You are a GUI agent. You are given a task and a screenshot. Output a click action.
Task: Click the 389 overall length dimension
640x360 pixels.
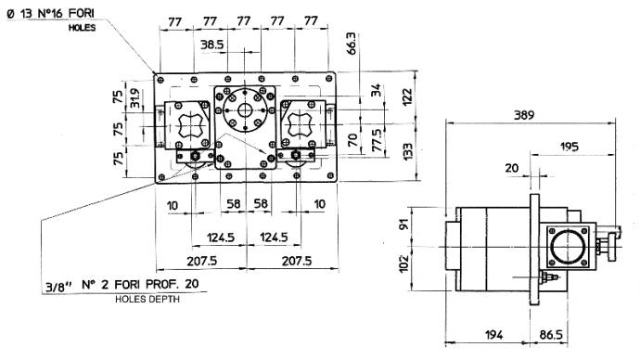pyautogui.click(x=524, y=115)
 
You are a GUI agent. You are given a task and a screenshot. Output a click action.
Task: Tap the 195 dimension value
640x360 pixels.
pyautogui.click(x=569, y=147)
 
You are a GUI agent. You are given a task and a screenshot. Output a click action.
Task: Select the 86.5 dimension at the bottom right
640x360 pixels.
pyautogui.click(x=551, y=335)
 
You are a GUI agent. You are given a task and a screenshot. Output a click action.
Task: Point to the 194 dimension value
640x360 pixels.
pyautogui.click(x=493, y=335)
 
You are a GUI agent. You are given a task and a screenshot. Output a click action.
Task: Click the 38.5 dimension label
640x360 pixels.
pyautogui.click(x=211, y=45)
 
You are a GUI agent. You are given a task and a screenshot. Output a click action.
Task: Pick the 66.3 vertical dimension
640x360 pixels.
pyautogui.click(x=351, y=44)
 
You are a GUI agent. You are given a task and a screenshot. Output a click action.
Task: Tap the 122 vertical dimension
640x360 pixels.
pyautogui.click(x=407, y=97)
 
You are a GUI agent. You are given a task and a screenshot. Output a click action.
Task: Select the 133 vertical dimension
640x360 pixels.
pyautogui.click(x=407, y=151)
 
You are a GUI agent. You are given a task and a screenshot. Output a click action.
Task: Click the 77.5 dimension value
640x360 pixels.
pyautogui.click(x=377, y=140)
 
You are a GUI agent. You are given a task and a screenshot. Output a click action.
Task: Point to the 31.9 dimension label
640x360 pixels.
pyautogui.click(x=135, y=98)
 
